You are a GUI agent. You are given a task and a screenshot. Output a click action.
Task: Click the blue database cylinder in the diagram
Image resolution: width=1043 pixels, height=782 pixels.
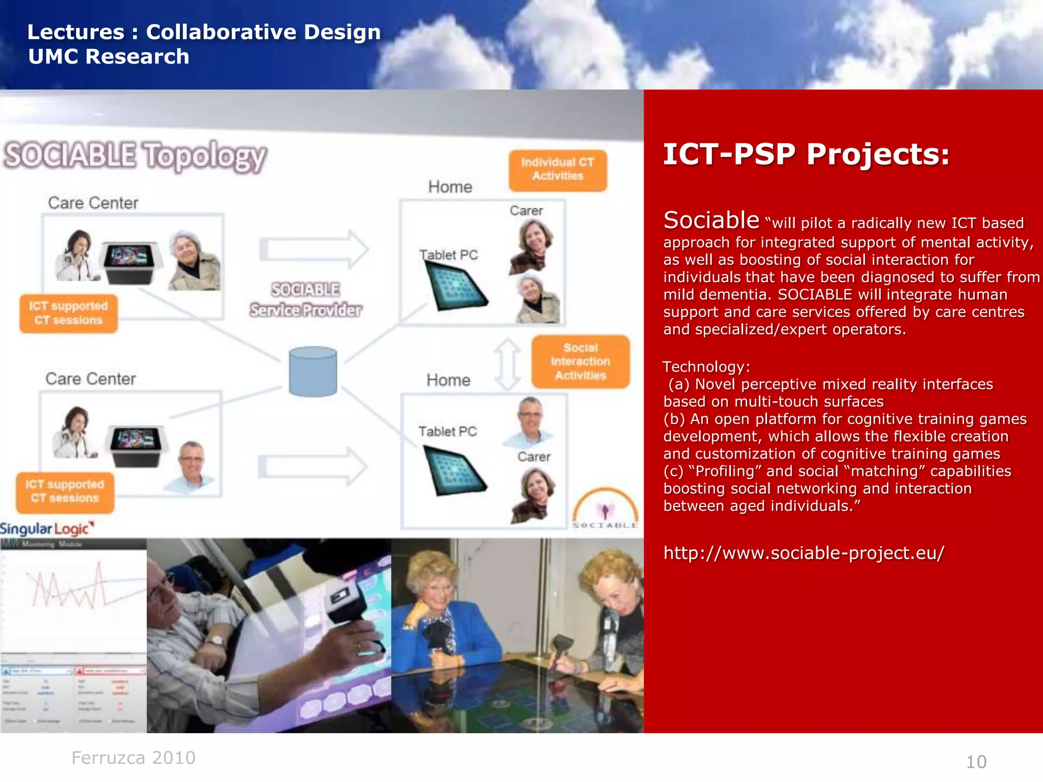pyautogui.click(x=313, y=372)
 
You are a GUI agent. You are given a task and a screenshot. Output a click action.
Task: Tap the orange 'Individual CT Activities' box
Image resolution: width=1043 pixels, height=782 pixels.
pyautogui.click(x=558, y=170)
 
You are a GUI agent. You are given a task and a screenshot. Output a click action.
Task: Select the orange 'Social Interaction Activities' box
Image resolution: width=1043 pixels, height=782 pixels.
pyautogui.click(x=580, y=361)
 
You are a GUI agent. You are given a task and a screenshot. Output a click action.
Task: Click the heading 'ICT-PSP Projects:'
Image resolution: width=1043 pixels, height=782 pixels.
pyautogui.click(x=806, y=154)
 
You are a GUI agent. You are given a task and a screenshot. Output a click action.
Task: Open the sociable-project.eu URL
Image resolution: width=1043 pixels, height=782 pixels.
pyautogui.click(x=804, y=553)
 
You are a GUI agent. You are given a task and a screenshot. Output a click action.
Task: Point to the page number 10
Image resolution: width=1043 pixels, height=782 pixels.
pyautogui.click(x=976, y=762)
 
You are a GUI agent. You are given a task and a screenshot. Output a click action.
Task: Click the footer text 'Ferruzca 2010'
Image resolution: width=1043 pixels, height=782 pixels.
pyautogui.click(x=133, y=758)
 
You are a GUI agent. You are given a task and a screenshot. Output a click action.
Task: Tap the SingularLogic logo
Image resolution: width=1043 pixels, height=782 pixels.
pyautogui.click(x=47, y=528)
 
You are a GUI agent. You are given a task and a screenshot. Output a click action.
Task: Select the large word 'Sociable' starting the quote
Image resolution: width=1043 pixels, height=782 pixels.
pyautogui.click(x=711, y=220)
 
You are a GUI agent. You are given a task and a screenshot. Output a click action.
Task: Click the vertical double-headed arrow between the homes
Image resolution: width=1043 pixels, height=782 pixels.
pyautogui.click(x=508, y=365)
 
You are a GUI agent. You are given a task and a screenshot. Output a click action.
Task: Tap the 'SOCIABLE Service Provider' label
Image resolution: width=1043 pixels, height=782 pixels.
pyautogui.click(x=306, y=300)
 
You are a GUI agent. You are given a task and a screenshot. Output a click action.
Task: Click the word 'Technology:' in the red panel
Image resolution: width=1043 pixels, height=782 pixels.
pyautogui.click(x=706, y=367)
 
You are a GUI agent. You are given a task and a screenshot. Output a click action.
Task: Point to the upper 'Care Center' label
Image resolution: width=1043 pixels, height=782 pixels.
pyautogui.click(x=93, y=203)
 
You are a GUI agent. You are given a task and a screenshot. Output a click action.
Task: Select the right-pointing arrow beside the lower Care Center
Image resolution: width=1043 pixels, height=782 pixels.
pyautogui.click(x=313, y=466)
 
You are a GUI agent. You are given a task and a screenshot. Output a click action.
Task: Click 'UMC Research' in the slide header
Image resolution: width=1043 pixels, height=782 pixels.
pyautogui.click(x=108, y=57)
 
